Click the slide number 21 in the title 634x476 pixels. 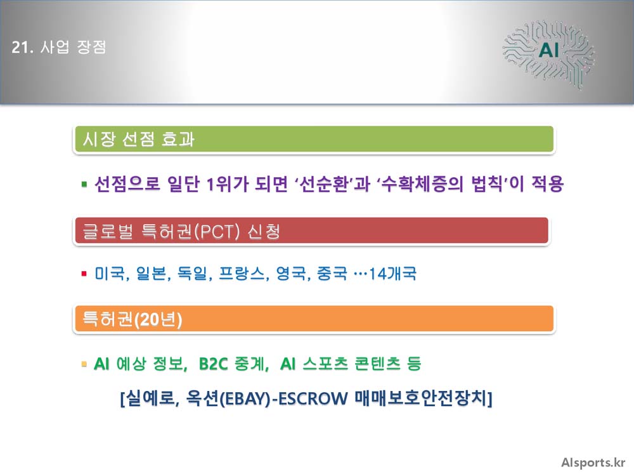pos(20,48)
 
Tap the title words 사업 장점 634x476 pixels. pos(73,48)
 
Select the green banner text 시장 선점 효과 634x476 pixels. pos(139,139)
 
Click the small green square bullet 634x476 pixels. pos(84,185)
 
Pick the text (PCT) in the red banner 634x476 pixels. pos(217,232)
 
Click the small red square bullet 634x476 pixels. pos(84,274)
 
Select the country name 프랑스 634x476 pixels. pos(242,274)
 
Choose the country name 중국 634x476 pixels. pos(332,274)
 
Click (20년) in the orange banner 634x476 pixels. pos(158,319)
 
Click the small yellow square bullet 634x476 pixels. pos(84,364)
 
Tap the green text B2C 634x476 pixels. pos(214,364)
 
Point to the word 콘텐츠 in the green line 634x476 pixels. pos(377,364)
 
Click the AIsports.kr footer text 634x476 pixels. pos(593,463)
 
